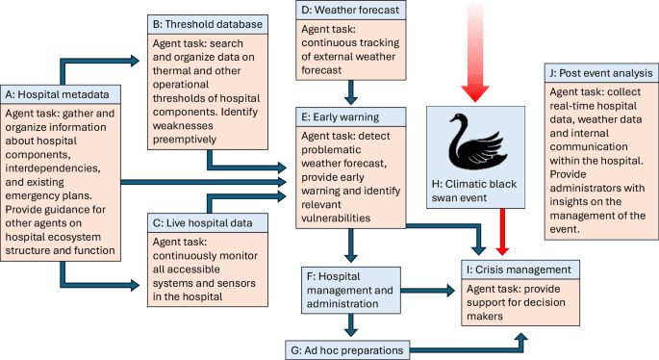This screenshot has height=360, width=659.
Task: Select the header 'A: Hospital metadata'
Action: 63,93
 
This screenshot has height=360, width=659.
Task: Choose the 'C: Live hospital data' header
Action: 203,223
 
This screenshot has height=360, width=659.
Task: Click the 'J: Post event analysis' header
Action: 598,73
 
